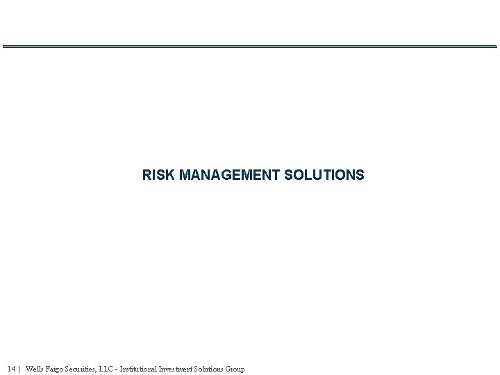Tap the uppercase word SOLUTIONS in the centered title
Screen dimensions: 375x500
pos(324,175)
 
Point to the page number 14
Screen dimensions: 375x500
pos(12,369)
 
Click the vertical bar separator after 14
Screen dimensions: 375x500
pos(19,369)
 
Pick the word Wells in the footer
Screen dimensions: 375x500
pos(34,369)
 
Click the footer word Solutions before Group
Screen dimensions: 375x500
pos(208,369)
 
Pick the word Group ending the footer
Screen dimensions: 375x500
pos(235,369)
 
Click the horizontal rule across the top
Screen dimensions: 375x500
pos(250,47)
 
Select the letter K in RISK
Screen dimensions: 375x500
pos(171,175)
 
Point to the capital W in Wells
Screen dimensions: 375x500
pos(28,369)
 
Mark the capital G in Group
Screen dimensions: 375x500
pos(228,369)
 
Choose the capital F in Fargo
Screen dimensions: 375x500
pos(47,369)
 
